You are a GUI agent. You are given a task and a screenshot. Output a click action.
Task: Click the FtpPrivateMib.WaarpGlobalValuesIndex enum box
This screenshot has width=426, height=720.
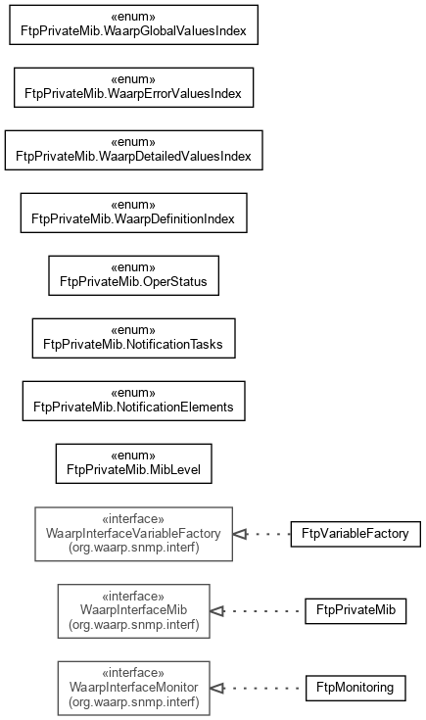pos(133,24)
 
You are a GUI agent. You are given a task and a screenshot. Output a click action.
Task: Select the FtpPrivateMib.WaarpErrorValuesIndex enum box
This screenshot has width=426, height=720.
pos(133,87)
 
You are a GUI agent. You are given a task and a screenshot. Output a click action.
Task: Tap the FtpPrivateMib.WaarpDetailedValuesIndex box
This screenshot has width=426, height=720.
pos(133,150)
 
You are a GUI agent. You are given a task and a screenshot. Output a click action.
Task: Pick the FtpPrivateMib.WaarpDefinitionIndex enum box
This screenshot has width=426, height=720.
pos(133,213)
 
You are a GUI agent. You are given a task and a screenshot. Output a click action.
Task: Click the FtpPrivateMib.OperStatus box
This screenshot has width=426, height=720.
pos(133,275)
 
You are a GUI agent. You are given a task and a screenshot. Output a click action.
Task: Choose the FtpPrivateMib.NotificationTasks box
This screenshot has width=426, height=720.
pos(133,338)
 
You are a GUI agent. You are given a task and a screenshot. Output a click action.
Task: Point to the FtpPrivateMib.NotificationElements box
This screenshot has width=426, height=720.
pos(133,401)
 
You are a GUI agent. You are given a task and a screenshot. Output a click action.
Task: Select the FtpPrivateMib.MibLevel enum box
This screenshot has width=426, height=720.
pos(133,463)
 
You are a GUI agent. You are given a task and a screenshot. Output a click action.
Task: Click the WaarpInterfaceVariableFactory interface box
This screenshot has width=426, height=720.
pos(133,534)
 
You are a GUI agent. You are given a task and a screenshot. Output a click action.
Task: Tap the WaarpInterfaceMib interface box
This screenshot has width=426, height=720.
pos(133,611)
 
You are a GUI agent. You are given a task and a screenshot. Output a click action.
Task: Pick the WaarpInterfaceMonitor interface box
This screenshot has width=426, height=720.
pos(133,689)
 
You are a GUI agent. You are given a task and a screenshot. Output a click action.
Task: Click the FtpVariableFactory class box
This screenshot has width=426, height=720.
pos(355,534)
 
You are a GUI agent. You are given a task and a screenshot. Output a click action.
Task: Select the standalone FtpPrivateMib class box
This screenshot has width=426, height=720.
pos(355,611)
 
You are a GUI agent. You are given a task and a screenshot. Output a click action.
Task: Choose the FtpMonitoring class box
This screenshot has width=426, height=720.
pos(355,689)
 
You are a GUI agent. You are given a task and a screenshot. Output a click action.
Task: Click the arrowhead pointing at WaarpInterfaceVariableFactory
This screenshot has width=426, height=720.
pos(240,534)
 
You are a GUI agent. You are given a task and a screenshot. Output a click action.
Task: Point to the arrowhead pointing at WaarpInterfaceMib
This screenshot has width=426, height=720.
pos(217,611)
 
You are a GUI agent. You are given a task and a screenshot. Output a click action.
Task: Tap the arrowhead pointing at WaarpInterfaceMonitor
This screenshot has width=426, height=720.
pos(217,689)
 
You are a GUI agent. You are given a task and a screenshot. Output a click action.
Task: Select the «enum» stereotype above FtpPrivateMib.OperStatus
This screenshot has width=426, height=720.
pos(133,267)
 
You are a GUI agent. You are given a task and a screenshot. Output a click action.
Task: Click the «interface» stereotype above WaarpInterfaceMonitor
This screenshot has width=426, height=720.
pos(133,673)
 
